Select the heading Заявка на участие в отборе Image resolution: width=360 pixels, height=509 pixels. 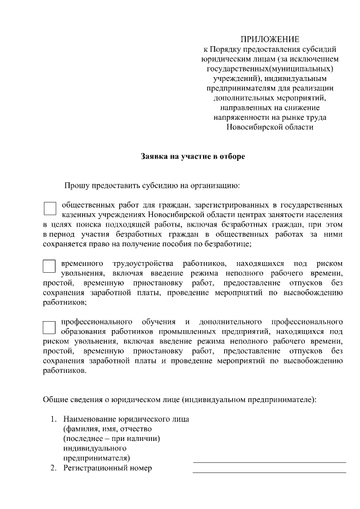coord(193,156)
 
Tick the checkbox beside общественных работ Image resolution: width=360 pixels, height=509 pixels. coord(49,209)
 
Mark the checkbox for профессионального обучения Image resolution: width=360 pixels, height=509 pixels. coord(49,327)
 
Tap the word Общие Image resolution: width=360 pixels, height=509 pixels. coord(56,400)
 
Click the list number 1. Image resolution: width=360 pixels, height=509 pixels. coord(53,419)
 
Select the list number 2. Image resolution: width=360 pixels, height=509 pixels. coord(53,468)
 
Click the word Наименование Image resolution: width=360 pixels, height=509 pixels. coord(90,419)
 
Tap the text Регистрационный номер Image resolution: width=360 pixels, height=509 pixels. coord(108,468)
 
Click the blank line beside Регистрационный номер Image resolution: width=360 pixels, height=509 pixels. coord(269,471)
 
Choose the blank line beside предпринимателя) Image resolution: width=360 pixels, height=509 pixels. coord(269,461)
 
